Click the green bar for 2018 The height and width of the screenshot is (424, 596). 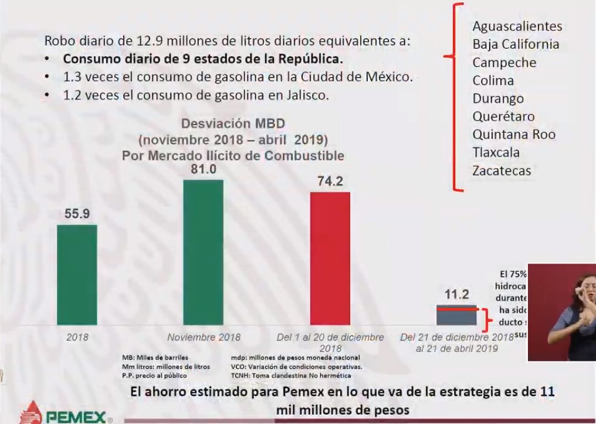coord(77,275)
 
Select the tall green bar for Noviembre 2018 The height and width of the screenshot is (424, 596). coord(204,253)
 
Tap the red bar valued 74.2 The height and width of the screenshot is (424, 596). coord(330,258)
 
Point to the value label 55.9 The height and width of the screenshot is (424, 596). coord(77,214)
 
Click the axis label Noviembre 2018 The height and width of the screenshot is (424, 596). coord(204,338)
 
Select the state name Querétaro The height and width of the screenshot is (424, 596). coord(503,116)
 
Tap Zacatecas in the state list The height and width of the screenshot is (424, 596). coord(502,171)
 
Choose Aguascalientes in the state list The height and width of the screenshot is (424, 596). coord(517,26)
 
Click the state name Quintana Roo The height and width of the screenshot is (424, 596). coord(514,134)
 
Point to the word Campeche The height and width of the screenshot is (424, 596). coord(504,63)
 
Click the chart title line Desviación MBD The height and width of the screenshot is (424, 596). coord(233,124)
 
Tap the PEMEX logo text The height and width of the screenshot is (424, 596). coord(76,416)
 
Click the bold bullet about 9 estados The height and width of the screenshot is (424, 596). coord(203,59)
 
